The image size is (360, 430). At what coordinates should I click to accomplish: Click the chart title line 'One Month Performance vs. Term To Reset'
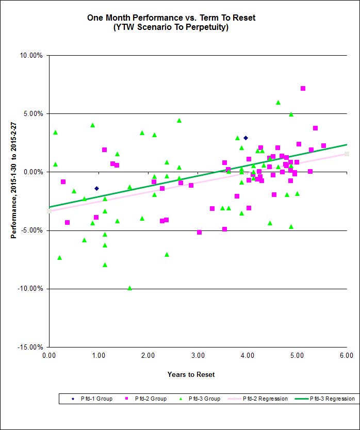click(171, 18)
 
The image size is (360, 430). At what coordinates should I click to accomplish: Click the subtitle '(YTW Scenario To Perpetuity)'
click(171, 27)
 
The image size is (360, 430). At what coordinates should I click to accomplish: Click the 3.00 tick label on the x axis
click(198, 355)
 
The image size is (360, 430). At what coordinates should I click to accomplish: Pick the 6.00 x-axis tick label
click(347, 355)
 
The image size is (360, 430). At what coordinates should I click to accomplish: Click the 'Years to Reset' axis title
click(191, 374)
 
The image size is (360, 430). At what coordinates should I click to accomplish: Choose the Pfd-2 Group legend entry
click(146, 399)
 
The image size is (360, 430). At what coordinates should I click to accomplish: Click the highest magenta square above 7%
click(303, 89)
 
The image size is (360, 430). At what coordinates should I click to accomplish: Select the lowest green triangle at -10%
click(129, 288)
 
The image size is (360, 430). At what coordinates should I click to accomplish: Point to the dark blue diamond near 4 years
click(246, 138)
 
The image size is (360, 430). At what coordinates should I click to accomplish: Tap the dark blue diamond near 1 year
click(96, 188)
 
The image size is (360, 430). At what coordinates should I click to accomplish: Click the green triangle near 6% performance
click(278, 103)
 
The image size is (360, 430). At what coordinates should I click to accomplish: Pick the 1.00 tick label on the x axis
click(99, 355)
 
